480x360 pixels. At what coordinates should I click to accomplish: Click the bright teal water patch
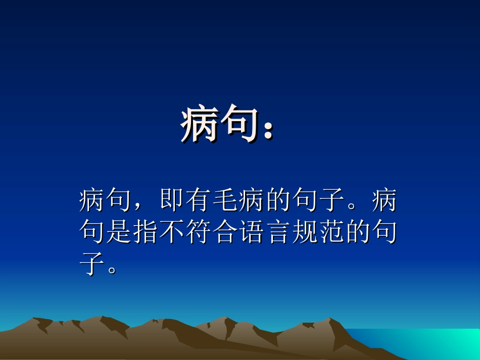coord(429,341)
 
